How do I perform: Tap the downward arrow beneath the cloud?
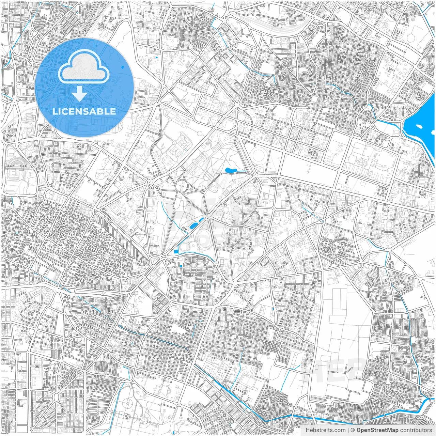click(80, 93)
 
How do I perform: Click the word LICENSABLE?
click(84, 111)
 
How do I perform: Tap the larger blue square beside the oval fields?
click(176, 251)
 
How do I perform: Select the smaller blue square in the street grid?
click(181, 266)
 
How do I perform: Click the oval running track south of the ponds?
click(205, 235)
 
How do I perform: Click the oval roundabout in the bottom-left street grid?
click(56, 397)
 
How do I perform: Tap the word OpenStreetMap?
click(377, 430)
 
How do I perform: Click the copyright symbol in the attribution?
click(353, 430)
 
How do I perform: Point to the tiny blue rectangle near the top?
click(156, 58)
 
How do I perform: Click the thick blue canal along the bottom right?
click(341, 418)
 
